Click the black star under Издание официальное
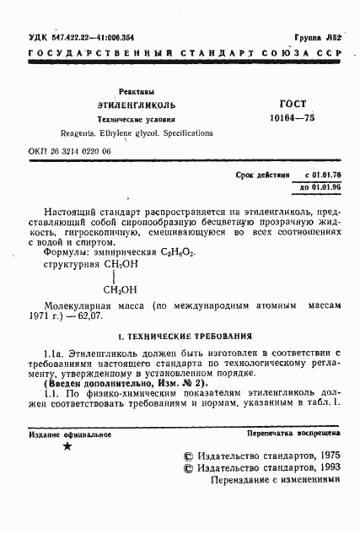(67, 445)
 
